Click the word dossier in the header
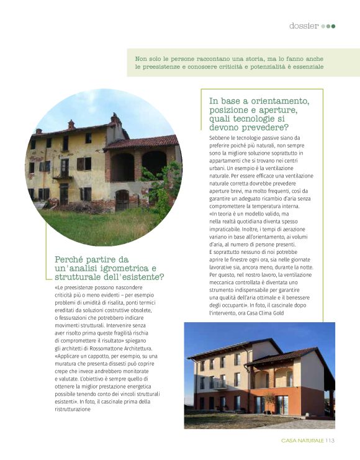click(x=304, y=25)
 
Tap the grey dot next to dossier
click(x=323, y=26)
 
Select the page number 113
click(x=330, y=441)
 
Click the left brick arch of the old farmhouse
click(x=122, y=166)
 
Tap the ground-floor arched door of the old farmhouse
click(x=122, y=199)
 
